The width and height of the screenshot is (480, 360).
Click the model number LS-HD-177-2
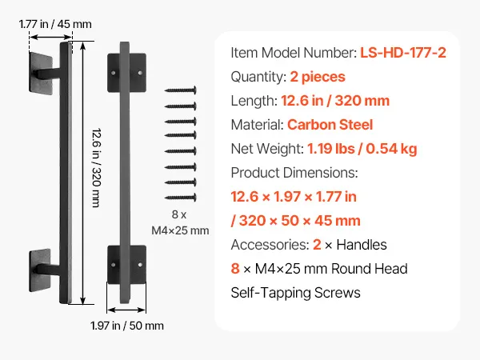click(403, 53)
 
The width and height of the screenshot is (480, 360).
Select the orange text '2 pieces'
click(318, 77)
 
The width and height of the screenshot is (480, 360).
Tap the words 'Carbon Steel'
click(330, 125)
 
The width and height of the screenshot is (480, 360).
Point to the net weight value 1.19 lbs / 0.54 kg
click(362, 149)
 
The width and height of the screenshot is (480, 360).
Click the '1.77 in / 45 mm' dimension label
click(55, 24)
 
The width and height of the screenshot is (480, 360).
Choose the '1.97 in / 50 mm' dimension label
click(127, 326)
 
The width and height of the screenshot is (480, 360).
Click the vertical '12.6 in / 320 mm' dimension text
click(97, 168)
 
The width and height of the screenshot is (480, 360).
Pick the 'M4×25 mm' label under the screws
click(180, 230)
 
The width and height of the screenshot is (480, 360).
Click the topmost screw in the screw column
click(181, 90)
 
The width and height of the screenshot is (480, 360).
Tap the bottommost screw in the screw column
click(181, 198)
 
